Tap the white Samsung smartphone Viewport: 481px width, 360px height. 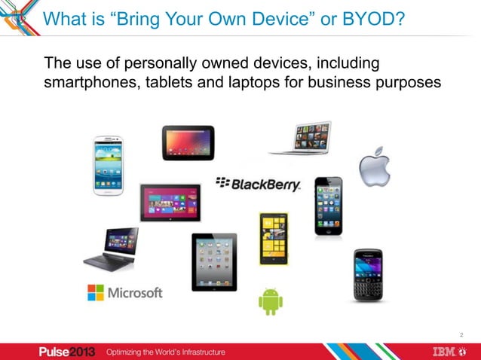[108, 165]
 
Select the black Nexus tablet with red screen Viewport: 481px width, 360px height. [188, 142]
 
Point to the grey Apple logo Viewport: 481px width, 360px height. [374, 166]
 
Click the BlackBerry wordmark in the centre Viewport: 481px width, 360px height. [258, 184]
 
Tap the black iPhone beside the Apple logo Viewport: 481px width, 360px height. [328, 206]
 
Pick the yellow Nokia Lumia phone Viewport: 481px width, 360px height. [274, 238]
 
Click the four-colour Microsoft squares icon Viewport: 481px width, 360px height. [96, 292]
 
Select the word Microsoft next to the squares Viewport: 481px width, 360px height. [136, 292]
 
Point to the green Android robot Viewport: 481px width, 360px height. [271, 301]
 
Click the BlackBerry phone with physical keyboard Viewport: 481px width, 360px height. [368, 275]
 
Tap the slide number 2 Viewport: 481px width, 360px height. [461, 334]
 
